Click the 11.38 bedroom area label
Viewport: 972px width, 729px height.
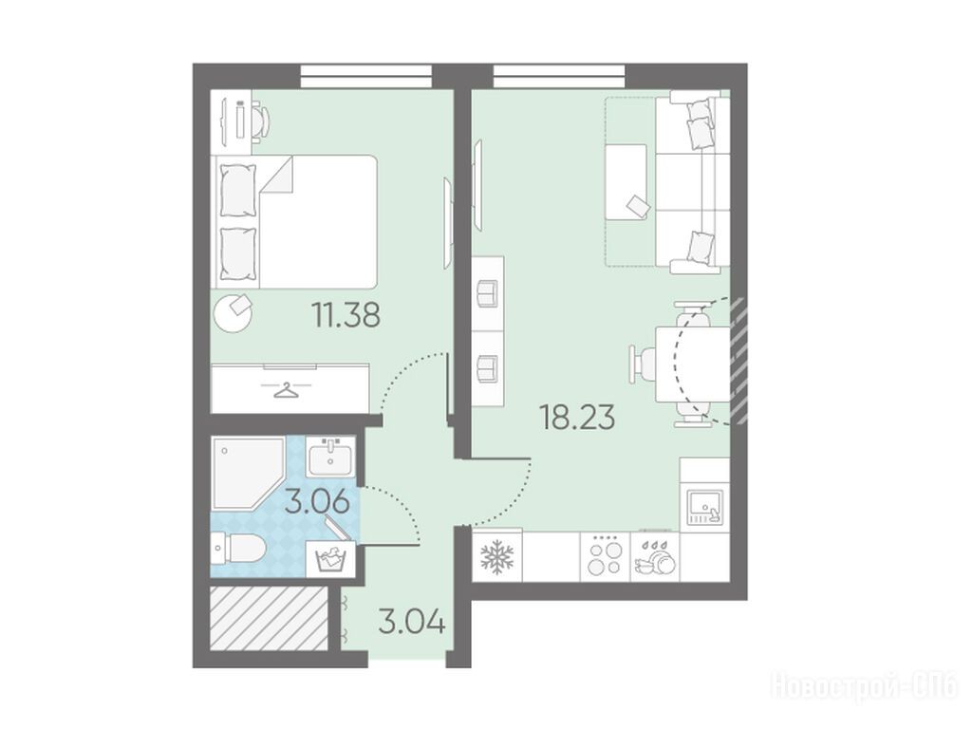pyautogui.click(x=346, y=315)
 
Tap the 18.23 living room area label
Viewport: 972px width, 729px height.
pyautogui.click(x=578, y=418)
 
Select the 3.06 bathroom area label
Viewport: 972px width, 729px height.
pyautogui.click(x=317, y=501)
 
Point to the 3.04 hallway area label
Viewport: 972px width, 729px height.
pyautogui.click(x=412, y=622)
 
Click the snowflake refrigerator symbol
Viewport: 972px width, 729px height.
pyautogui.click(x=496, y=556)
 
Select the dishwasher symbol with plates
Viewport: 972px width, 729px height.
pyautogui.click(x=655, y=556)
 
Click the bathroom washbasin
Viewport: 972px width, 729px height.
pyautogui.click(x=330, y=457)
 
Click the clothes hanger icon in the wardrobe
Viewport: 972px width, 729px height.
pyautogui.click(x=286, y=391)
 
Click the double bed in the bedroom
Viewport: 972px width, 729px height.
pyautogui.click(x=296, y=221)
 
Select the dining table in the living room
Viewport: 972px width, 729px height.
pyautogui.click(x=692, y=364)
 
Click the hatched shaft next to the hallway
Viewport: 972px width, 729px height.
pyautogui.click(x=269, y=619)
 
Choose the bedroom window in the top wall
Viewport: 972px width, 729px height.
pyautogui.click(x=365, y=76)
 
